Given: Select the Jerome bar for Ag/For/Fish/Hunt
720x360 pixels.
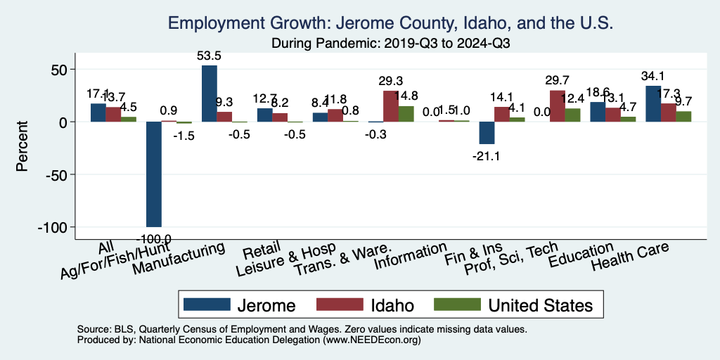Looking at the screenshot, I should tap(154, 174).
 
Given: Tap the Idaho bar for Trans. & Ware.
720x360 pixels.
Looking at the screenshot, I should tap(390, 106).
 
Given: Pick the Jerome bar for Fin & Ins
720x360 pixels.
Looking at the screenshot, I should tap(487, 133).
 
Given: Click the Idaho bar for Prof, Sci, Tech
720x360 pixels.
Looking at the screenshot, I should tap(557, 106).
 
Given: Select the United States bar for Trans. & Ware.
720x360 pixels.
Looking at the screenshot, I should tap(406, 114).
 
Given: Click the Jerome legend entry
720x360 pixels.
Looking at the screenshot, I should tap(239, 304).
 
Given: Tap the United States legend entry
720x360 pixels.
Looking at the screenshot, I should tap(513, 304).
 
